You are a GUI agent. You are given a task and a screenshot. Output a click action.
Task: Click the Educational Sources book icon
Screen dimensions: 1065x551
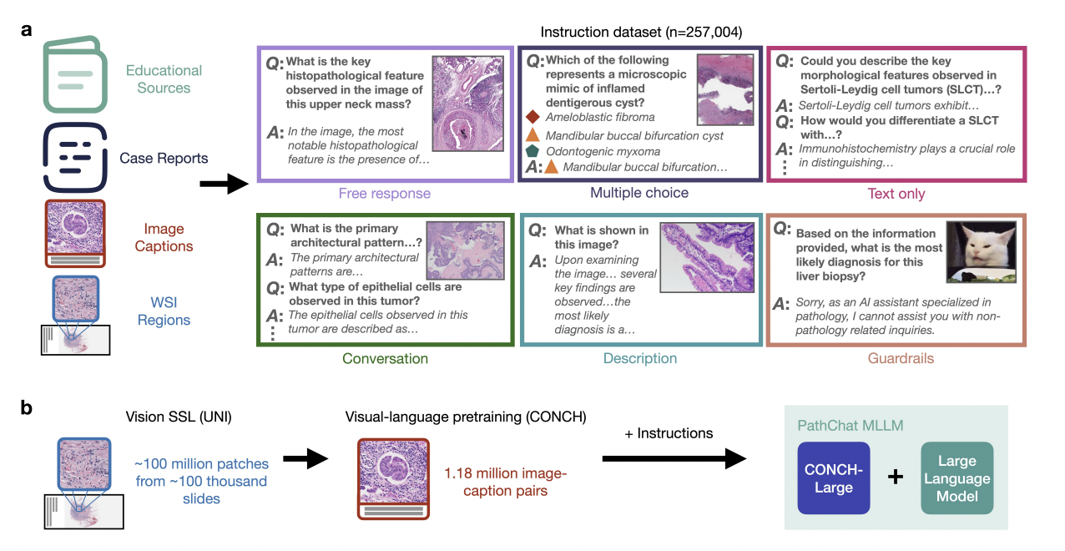[x=74, y=74]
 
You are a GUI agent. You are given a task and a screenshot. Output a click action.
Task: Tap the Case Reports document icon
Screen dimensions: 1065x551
[x=74, y=157]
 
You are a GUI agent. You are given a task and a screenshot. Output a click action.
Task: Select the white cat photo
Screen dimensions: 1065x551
[x=981, y=252]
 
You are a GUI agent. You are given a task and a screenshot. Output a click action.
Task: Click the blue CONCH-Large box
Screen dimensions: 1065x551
[x=834, y=478]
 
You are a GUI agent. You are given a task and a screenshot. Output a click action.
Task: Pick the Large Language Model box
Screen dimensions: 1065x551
[x=956, y=478]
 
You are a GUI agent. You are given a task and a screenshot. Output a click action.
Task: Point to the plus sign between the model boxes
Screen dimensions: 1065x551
[x=896, y=477]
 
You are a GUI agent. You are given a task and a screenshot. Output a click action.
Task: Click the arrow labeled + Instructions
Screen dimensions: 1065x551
[x=674, y=459]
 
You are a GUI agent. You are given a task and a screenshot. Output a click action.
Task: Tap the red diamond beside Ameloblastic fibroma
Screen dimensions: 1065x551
[x=532, y=117]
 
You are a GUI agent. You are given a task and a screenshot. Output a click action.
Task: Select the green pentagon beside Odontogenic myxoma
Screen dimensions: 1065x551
[x=532, y=151]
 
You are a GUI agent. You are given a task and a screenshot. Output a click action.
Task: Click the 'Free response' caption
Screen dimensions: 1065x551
[x=384, y=194]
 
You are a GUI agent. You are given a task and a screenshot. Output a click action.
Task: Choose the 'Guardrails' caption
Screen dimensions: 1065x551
[x=901, y=358]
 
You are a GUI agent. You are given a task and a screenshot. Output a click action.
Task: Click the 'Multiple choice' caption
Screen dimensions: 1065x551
[x=639, y=193]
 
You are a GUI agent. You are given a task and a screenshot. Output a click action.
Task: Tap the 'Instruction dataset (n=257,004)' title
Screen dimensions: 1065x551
[x=641, y=32]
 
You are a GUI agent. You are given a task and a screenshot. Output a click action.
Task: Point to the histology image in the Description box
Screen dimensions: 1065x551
[x=707, y=257]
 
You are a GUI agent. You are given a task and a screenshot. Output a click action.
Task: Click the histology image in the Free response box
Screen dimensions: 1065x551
[x=468, y=104]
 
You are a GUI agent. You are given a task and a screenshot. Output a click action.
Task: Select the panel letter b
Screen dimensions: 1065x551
[x=26, y=408]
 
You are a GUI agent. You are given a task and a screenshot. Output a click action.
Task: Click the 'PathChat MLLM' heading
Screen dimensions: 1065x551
[x=850, y=425]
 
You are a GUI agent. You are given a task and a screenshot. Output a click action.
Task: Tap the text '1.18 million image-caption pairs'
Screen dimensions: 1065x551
[x=506, y=482]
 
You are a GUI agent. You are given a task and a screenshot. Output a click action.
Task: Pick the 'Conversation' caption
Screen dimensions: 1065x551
[x=385, y=358]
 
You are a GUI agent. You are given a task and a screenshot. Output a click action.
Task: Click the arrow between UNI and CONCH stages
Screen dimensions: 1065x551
[x=305, y=459]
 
